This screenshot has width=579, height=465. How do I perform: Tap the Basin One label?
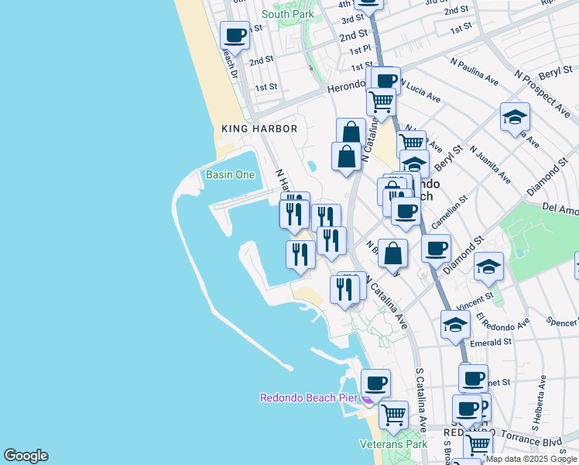coord(230,174)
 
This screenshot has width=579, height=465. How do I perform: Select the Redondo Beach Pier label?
coord(307,398)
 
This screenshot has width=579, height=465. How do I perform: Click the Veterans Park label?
coord(393,445)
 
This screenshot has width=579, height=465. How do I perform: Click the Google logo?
coord(26,456)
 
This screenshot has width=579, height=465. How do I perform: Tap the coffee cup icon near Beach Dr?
coord(235,35)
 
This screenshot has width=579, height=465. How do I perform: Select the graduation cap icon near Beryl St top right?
coord(515,118)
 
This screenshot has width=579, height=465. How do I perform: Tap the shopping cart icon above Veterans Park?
coord(394,415)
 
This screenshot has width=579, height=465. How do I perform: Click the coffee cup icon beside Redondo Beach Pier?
coord(376,383)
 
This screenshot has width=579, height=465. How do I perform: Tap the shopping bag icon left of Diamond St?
coord(394,253)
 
